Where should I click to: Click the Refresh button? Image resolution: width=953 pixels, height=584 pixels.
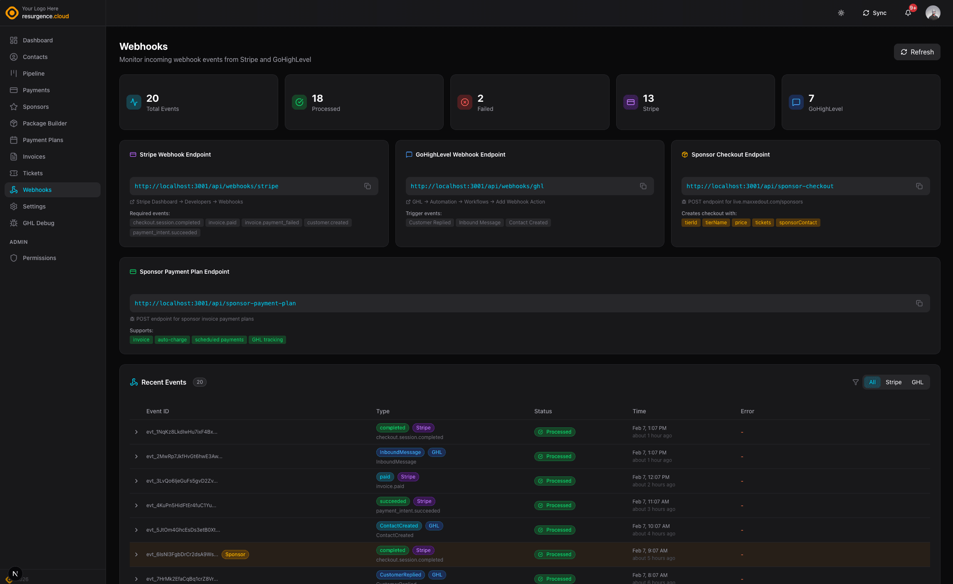point(917,52)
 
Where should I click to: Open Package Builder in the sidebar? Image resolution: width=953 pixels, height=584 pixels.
point(44,123)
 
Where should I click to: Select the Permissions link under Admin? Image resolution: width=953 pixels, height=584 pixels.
point(39,258)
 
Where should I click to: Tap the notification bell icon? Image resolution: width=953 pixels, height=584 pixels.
point(908,13)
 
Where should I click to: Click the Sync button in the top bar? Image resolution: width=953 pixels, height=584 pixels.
point(874,13)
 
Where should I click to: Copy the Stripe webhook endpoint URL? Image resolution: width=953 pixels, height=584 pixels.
point(367,186)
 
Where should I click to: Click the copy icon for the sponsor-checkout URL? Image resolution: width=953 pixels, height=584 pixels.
point(919,186)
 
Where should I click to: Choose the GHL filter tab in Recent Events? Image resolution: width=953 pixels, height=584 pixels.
point(917,382)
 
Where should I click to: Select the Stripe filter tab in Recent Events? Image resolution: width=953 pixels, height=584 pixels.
point(893,382)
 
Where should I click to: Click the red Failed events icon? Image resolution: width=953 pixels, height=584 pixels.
point(464,102)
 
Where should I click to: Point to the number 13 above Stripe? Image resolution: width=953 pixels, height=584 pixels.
point(648,98)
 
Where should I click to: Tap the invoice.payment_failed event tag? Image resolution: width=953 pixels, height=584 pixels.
point(272,223)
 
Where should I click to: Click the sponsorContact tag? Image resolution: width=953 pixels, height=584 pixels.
point(797,223)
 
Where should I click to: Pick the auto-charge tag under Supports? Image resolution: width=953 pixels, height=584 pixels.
point(172,340)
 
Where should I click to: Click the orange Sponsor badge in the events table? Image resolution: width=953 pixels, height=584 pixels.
point(235,555)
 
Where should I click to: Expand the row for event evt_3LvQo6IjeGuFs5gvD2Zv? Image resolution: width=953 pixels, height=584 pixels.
point(136,481)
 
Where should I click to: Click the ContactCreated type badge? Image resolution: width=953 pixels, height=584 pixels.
point(398,526)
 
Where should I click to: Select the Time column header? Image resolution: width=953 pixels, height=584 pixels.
point(639,411)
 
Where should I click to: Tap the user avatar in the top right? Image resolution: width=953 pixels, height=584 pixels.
point(933,13)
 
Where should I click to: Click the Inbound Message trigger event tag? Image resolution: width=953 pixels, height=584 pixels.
point(479,223)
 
